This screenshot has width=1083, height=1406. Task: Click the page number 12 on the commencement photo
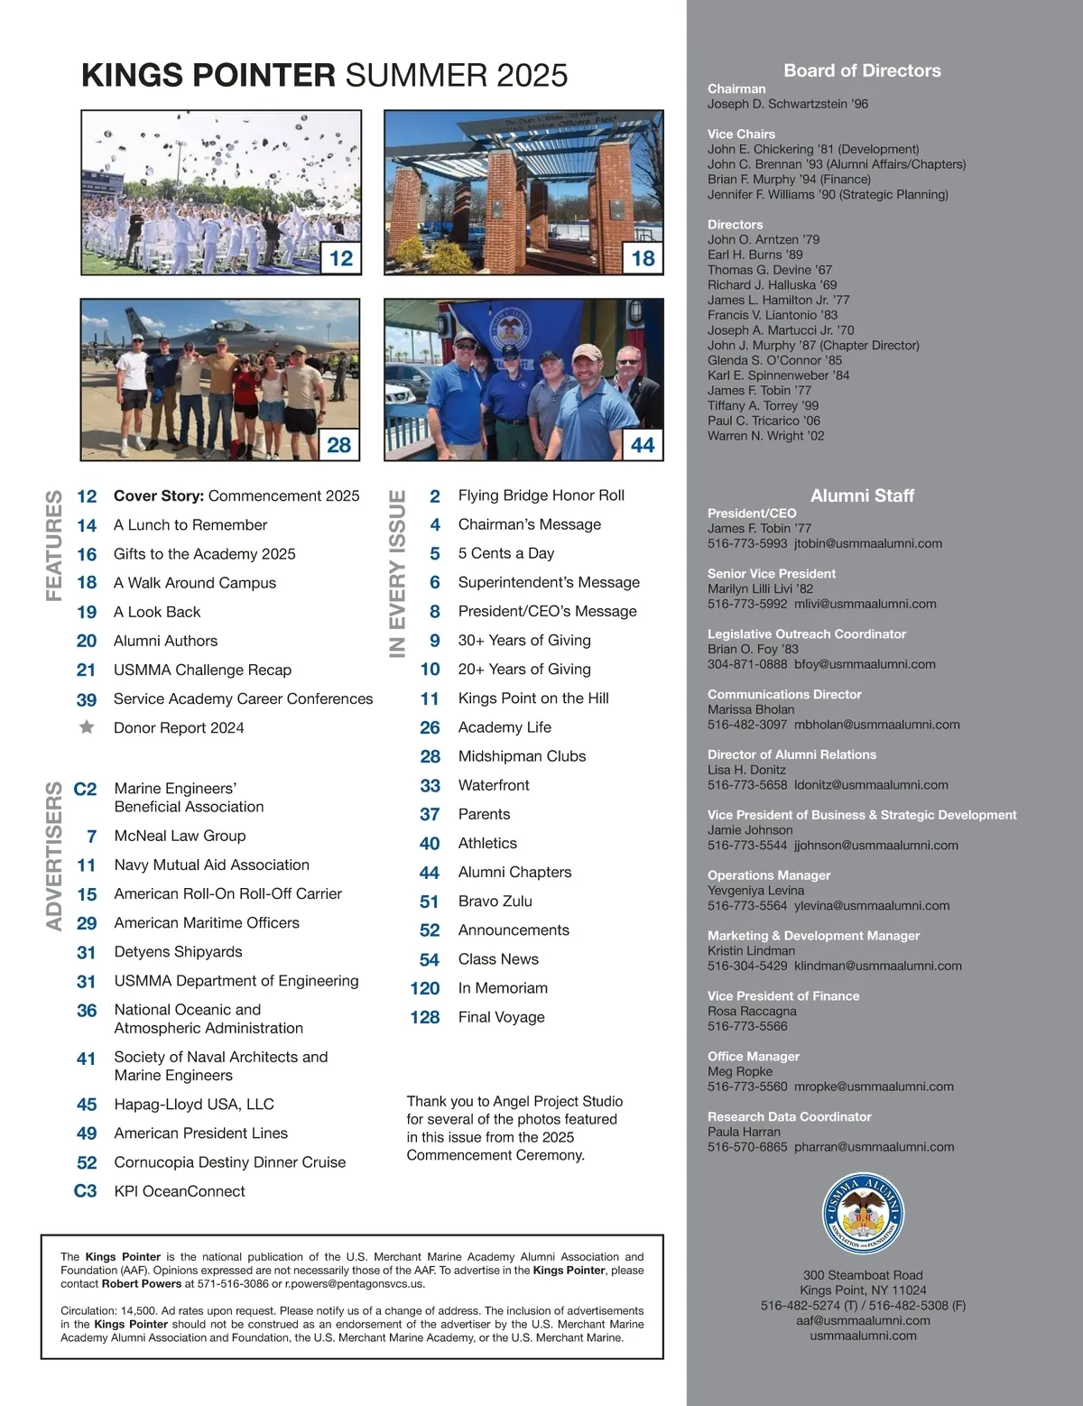click(341, 258)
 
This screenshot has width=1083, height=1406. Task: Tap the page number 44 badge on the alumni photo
click(643, 445)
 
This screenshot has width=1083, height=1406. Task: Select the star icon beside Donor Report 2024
click(87, 727)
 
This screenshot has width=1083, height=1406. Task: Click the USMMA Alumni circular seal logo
click(863, 1214)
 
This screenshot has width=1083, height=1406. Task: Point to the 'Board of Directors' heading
click(862, 70)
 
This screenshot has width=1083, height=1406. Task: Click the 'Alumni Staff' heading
click(862, 495)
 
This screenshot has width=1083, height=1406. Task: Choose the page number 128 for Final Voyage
click(425, 1017)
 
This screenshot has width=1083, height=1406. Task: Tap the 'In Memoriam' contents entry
click(503, 988)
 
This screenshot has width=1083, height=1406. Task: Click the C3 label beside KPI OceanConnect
click(85, 1191)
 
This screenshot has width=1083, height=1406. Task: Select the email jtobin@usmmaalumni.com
click(868, 543)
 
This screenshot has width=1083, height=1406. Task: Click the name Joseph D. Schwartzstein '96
click(788, 104)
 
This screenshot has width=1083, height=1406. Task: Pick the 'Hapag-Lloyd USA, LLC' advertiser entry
click(194, 1105)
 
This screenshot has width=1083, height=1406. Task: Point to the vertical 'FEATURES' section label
click(54, 545)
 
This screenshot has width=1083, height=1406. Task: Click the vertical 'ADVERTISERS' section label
click(54, 856)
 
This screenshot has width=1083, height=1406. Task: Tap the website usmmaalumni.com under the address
click(863, 1336)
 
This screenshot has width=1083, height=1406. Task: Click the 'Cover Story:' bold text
click(159, 495)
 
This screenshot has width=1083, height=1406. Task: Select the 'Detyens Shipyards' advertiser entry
click(178, 952)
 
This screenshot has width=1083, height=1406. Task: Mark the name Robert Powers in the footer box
click(141, 1283)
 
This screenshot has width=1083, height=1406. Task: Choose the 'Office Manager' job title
click(754, 1056)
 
